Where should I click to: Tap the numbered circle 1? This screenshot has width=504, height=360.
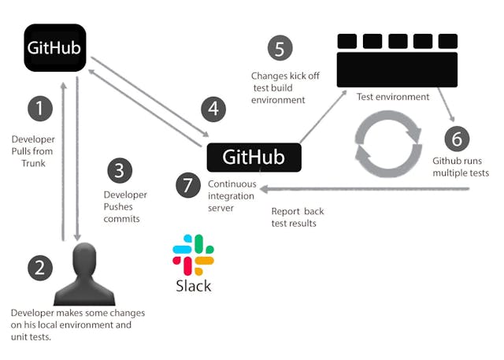coord(41,107)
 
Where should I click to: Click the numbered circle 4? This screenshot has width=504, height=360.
coord(210,109)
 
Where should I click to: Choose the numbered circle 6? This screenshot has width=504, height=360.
coord(455,139)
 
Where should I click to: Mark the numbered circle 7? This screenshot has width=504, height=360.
coord(187,186)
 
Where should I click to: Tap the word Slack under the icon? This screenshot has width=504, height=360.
coord(193,285)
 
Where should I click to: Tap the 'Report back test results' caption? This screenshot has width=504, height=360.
coord(298,217)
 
